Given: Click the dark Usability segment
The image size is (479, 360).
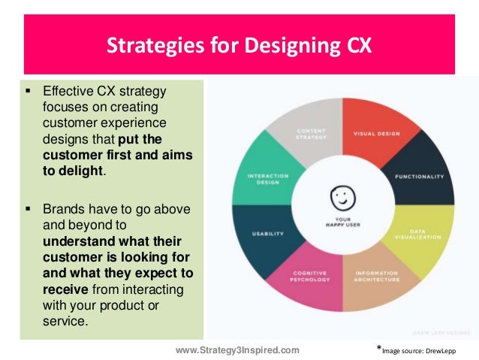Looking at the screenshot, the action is tap(262, 232).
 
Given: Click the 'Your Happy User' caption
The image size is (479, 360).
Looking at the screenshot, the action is tap(342, 223).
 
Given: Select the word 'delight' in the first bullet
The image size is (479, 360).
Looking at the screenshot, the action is tap(83, 171).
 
